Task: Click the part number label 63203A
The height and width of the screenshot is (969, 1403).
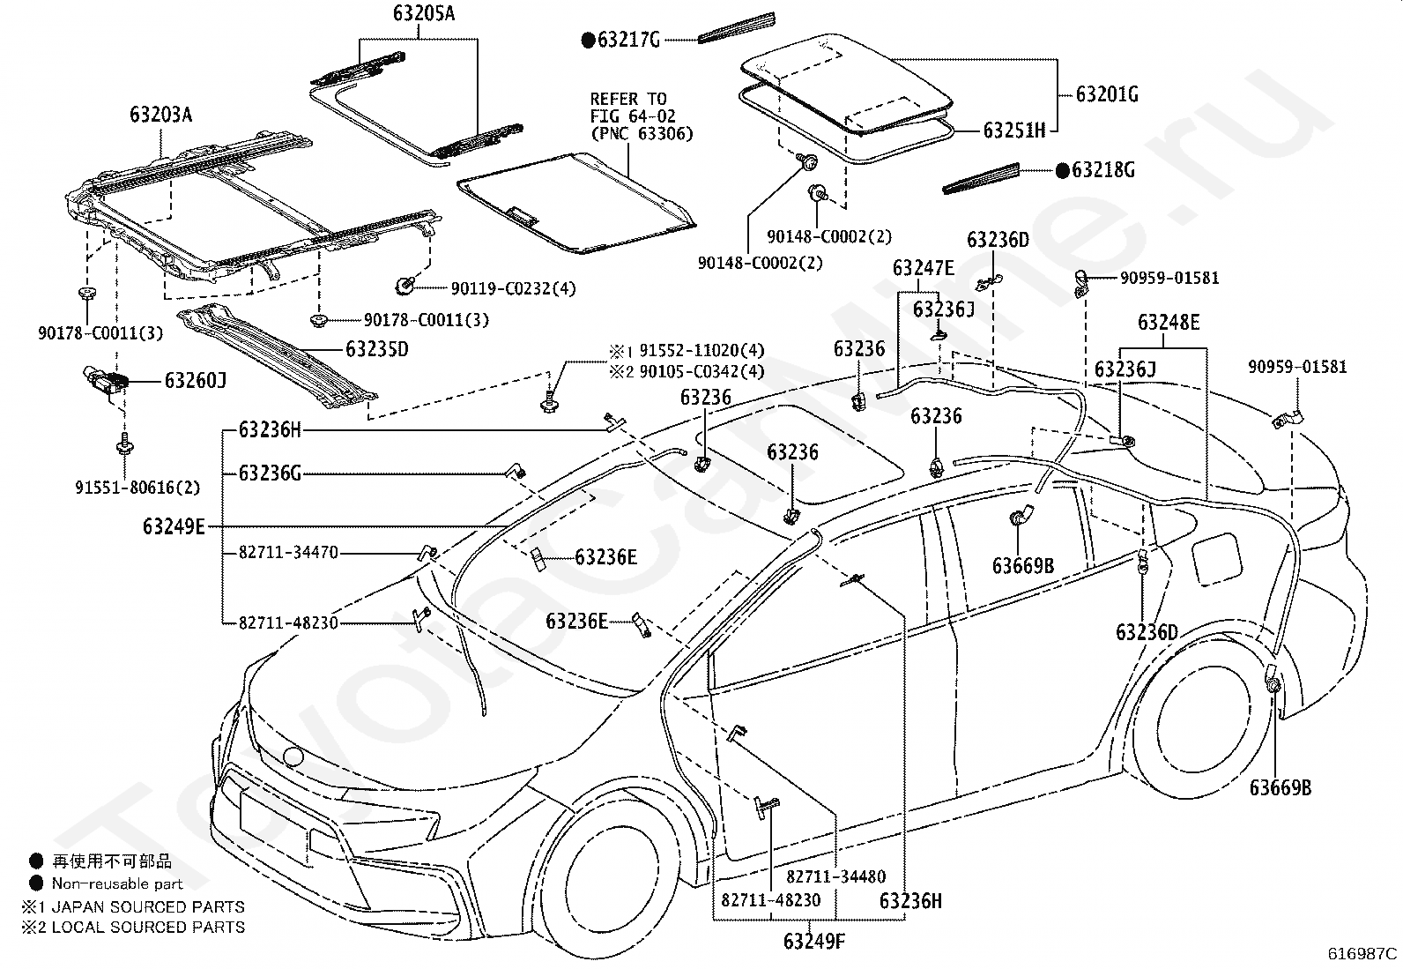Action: point(161,115)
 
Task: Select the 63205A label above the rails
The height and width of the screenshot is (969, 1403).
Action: point(424,13)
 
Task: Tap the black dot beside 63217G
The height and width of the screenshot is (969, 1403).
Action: point(588,40)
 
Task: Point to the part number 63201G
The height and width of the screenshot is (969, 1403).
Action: point(1107,94)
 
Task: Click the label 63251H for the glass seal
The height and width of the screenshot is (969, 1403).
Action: point(1014,130)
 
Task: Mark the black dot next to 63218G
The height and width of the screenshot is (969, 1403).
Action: point(1062,170)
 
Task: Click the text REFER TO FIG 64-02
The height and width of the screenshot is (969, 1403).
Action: point(633,108)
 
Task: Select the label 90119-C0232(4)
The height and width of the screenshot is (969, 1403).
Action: point(513,289)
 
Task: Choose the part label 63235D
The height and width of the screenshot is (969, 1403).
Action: point(377,349)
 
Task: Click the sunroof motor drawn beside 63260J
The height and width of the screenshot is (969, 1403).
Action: point(105,380)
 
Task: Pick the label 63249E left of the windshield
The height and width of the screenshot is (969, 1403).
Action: point(174,526)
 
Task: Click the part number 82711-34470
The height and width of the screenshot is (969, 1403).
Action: point(288,553)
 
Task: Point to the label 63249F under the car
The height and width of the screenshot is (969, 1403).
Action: point(814,941)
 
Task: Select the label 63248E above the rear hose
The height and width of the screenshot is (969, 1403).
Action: point(1169,322)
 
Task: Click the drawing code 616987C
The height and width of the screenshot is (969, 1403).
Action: point(1362,953)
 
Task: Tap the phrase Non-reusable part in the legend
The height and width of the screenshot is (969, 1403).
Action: point(117,883)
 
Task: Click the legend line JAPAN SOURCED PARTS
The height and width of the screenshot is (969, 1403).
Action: point(148,907)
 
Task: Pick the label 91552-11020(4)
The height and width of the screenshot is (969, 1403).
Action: point(701,350)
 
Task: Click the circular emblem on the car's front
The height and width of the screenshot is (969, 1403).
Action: point(293,757)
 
